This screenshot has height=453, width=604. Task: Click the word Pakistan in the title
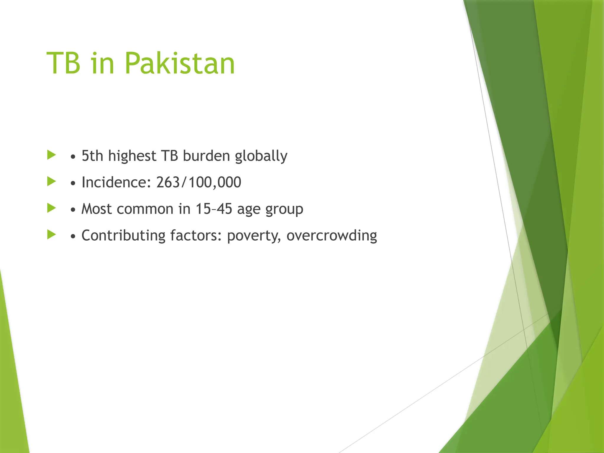(x=180, y=63)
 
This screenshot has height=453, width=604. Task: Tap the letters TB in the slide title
(x=63, y=63)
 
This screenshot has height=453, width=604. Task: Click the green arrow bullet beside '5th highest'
(x=52, y=155)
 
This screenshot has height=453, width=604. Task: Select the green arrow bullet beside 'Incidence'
(x=52, y=181)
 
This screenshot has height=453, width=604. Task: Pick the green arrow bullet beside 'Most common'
(x=52, y=208)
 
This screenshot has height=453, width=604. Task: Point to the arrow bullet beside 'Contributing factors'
(x=52, y=235)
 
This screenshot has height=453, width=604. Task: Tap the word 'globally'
(x=261, y=156)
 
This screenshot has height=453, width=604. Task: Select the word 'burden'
(x=206, y=156)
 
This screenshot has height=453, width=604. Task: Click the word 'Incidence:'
(x=116, y=182)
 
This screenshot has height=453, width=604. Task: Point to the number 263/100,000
(x=199, y=182)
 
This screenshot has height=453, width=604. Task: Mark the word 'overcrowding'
(x=332, y=236)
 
